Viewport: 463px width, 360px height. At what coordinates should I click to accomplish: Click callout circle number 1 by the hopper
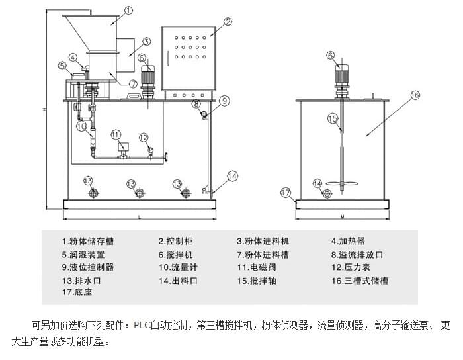pos(129,11)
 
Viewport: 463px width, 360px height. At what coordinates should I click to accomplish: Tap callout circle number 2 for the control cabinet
pos(228,22)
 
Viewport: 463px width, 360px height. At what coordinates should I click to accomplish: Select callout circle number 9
pos(225,101)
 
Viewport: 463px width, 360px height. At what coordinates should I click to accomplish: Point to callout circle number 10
pos(81,125)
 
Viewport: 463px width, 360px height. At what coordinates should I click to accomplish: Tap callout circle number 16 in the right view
pos(415,95)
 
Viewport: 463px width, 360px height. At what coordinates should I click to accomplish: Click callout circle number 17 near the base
pos(286,193)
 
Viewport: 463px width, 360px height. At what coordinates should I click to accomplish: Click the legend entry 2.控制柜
pos(175,242)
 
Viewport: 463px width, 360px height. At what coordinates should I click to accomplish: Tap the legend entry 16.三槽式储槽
pos(360,281)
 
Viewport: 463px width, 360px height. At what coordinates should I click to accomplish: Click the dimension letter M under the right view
pos(342,216)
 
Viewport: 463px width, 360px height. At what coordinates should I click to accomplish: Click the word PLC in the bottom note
pos(142,325)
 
